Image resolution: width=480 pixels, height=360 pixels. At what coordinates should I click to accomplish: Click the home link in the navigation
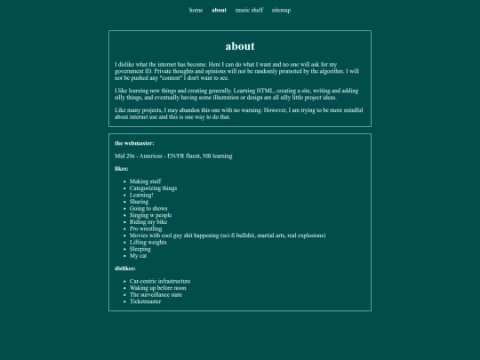click(x=196, y=11)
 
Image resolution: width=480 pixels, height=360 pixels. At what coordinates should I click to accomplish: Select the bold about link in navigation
click(x=219, y=11)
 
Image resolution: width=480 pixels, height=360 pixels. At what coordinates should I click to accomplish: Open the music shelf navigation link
click(x=249, y=11)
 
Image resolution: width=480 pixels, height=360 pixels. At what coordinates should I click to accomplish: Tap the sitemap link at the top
click(x=281, y=11)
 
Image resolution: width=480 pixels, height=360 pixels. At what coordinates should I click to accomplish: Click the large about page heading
click(x=240, y=46)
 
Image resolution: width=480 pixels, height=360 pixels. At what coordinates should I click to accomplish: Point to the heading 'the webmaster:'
click(x=134, y=142)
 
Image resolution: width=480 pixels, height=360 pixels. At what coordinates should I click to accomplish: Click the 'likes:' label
click(x=122, y=168)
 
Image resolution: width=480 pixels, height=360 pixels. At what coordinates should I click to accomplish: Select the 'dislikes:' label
click(x=124, y=268)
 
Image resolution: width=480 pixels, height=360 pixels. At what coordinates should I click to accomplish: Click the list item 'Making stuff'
click(x=145, y=181)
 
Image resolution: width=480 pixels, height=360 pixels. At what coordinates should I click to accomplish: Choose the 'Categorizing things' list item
click(x=153, y=188)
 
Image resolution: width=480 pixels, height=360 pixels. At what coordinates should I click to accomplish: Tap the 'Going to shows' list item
click(x=149, y=208)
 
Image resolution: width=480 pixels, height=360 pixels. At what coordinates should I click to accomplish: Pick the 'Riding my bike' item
click(x=148, y=221)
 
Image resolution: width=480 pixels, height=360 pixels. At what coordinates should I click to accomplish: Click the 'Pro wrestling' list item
click(x=146, y=228)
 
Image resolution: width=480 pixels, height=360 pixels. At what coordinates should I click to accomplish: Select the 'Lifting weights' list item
click(x=148, y=242)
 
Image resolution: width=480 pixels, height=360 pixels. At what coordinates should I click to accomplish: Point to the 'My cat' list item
click(x=139, y=255)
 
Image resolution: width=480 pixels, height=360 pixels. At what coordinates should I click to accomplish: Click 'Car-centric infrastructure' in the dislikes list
click(x=160, y=281)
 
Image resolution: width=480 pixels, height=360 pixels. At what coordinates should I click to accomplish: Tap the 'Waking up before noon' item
click(x=157, y=288)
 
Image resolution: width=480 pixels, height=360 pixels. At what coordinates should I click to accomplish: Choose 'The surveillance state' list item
click(x=156, y=294)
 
